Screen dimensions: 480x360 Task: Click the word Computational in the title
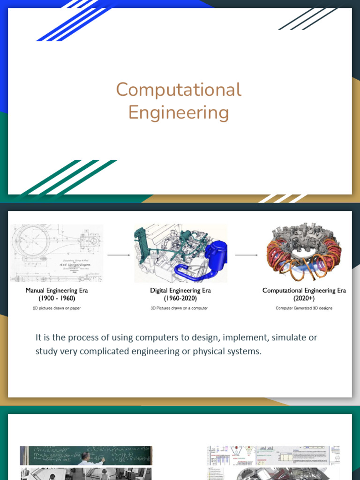[x=179, y=90]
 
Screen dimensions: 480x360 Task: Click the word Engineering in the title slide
[x=179, y=112]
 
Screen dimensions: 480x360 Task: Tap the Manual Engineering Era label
[x=57, y=291]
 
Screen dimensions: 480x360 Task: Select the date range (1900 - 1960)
[x=57, y=298]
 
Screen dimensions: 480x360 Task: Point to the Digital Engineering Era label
[x=180, y=291]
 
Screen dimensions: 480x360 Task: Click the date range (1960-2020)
[x=180, y=298]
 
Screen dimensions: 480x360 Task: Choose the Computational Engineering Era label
[x=304, y=291]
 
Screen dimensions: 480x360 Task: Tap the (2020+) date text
[x=304, y=298]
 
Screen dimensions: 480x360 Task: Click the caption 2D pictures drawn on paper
[x=57, y=308]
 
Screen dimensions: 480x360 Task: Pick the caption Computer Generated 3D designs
[x=304, y=308]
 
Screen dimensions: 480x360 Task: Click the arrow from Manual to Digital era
[x=119, y=255]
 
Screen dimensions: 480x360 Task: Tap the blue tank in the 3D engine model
[x=216, y=253]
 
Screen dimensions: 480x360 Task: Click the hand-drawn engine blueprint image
[x=57, y=253]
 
